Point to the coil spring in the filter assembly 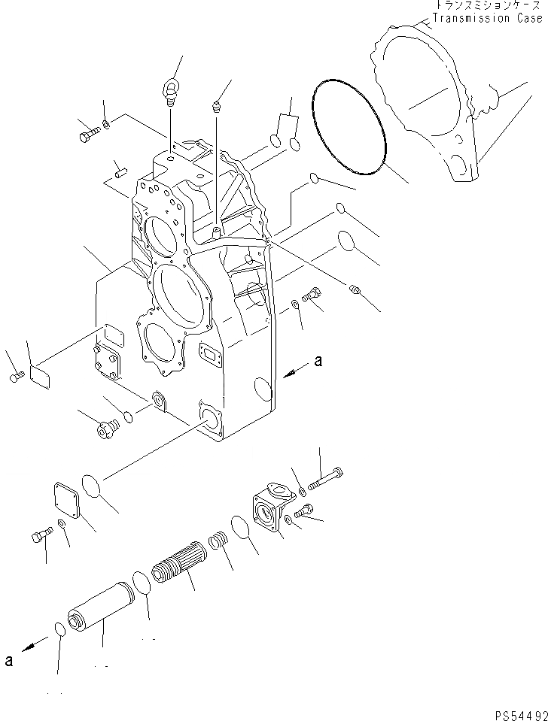(x=217, y=540)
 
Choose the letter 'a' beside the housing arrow (x=318, y=362)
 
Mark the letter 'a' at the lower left (x=8, y=662)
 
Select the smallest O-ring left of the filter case (x=59, y=629)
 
